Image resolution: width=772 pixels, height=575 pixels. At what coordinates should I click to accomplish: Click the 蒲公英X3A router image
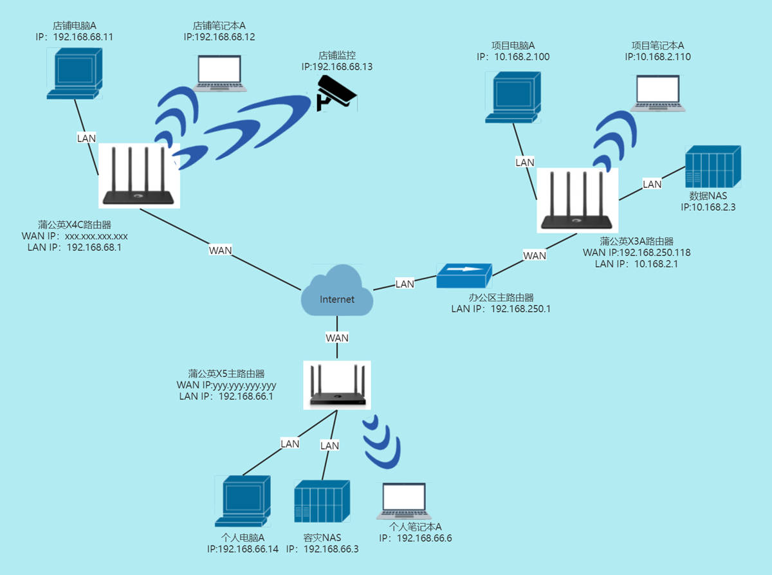coord(578,200)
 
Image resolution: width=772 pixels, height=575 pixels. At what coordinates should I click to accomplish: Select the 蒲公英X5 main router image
coord(337,385)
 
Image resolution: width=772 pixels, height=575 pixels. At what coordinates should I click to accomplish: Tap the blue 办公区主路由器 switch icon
coord(464,275)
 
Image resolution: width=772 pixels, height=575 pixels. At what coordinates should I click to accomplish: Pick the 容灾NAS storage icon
coord(322,502)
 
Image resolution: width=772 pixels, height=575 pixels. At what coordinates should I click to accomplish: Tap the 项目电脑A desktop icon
coord(513,97)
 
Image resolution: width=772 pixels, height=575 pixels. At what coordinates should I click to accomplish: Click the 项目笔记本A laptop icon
coord(658,93)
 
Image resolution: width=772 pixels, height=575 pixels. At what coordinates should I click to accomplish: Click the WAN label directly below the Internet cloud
coord(337,338)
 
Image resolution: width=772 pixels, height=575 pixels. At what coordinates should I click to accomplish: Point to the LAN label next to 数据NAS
coord(652,184)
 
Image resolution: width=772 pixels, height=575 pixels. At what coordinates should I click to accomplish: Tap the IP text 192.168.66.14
coord(243,549)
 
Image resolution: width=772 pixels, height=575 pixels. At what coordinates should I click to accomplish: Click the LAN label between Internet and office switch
coord(405,284)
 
